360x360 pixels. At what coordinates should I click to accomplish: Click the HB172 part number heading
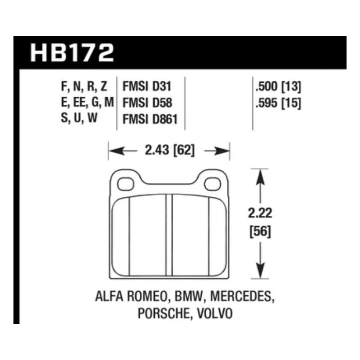(72, 53)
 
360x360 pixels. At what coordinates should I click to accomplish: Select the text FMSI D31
(147, 86)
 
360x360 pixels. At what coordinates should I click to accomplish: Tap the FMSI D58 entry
(148, 103)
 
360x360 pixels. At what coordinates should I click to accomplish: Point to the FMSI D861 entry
(150, 119)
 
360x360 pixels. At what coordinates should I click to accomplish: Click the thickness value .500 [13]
(278, 86)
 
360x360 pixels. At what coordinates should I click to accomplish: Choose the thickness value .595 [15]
(278, 103)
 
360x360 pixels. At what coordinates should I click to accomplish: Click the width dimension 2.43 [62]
(170, 150)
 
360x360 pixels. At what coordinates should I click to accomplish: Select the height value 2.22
(260, 213)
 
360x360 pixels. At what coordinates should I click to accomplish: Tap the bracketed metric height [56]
(260, 231)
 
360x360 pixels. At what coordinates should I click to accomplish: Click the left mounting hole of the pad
(125, 184)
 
